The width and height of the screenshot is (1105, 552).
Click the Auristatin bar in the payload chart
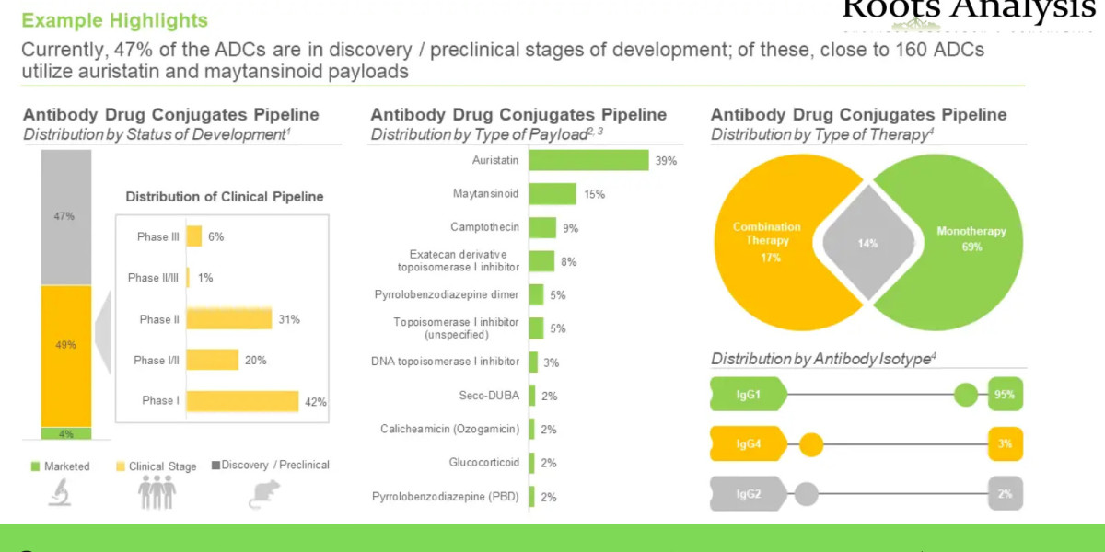[x=588, y=160]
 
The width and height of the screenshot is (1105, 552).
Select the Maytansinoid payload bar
[x=552, y=194]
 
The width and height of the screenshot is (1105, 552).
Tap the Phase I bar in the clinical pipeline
[x=242, y=401]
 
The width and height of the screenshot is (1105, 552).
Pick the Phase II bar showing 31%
[x=228, y=319]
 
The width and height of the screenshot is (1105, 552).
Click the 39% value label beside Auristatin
[x=666, y=161]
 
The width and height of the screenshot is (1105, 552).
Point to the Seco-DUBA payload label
[x=489, y=396]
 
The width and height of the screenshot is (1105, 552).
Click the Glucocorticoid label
[x=483, y=463]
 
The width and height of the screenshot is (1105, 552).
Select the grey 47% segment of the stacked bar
[x=66, y=217]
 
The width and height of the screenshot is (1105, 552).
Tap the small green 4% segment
[x=66, y=433]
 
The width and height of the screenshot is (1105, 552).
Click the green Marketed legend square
[x=36, y=466]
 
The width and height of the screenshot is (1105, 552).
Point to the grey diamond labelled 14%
[x=867, y=244]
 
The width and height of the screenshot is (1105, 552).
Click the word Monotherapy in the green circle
[x=971, y=232]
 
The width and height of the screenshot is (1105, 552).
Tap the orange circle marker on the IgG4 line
[x=810, y=445]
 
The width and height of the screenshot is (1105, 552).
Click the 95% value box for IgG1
[x=1006, y=396]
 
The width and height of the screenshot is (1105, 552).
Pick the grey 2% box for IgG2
[x=1006, y=494]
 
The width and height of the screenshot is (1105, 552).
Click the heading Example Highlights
[x=114, y=20]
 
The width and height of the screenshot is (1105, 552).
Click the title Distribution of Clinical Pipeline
[x=225, y=197]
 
